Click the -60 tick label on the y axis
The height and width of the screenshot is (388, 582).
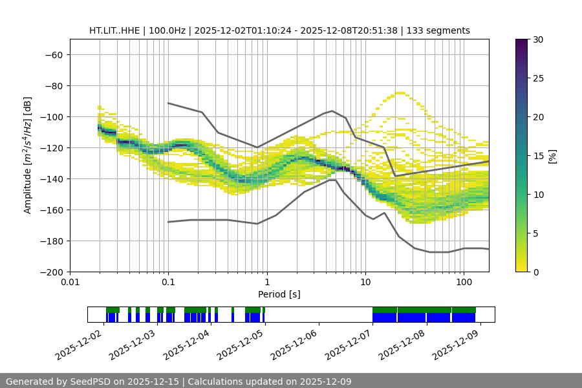tap(53, 55)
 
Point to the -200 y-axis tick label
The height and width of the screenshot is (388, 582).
tap(50, 272)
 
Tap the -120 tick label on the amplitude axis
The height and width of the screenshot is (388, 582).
tap(50, 148)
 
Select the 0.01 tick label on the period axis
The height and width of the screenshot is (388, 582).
tap(70, 283)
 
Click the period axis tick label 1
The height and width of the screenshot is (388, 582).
tap(266, 283)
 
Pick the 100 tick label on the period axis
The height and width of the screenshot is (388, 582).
tap(463, 283)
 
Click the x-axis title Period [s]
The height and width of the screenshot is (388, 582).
tap(279, 295)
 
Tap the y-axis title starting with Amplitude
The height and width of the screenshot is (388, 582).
tap(28, 155)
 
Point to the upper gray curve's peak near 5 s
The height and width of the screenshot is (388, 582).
tap(332, 111)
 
